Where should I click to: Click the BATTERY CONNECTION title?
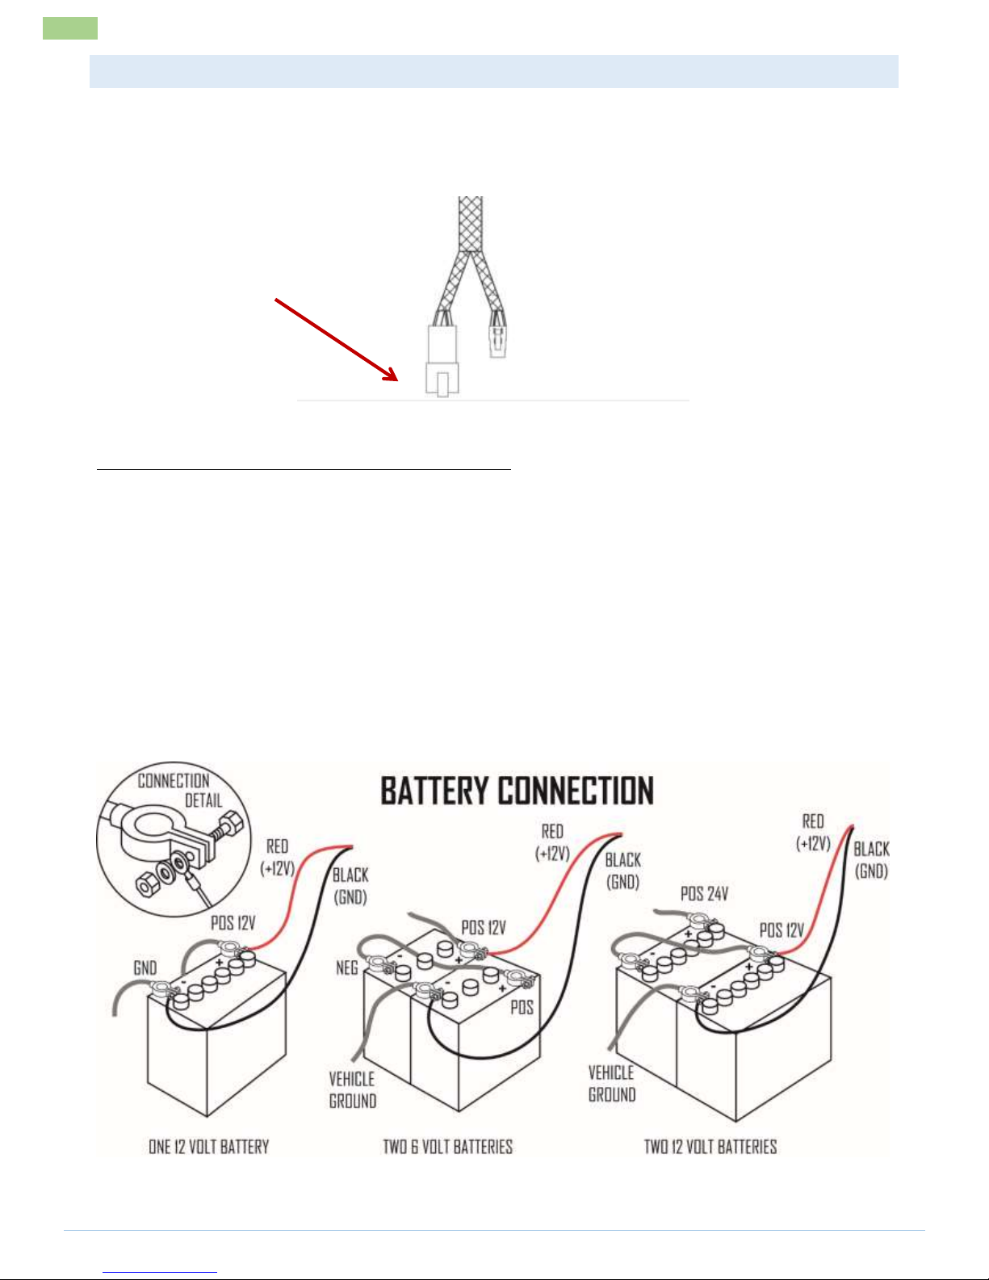pyautogui.click(x=517, y=791)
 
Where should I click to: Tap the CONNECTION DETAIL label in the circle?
pyautogui.click(x=179, y=791)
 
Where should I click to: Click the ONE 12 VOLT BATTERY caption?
pyautogui.click(x=208, y=1146)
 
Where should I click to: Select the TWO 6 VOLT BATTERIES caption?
pyautogui.click(x=447, y=1146)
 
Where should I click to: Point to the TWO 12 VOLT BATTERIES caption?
pyautogui.click(x=710, y=1146)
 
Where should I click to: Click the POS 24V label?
pyautogui.click(x=704, y=894)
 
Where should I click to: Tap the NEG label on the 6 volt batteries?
pyautogui.click(x=346, y=967)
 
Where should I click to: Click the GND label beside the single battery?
pyautogui.click(x=145, y=967)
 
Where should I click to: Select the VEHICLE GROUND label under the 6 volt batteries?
pyautogui.click(x=352, y=1089)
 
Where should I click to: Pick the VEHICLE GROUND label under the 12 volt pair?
pyautogui.click(x=612, y=1083)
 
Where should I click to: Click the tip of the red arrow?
pyautogui.click(x=398, y=381)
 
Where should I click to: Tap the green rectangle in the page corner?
pyautogui.click(x=70, y=28)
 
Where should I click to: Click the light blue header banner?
pyautogui.click(x=493, y=71)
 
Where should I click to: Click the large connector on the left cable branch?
pyautogui.click(x=442, y=359)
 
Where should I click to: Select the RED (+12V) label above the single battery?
pyautogui.click(x=277, y=857)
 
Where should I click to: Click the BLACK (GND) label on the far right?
pyautogui.click(x=871, y=860)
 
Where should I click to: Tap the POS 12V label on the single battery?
pyautogui.click(x=233, y=922)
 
